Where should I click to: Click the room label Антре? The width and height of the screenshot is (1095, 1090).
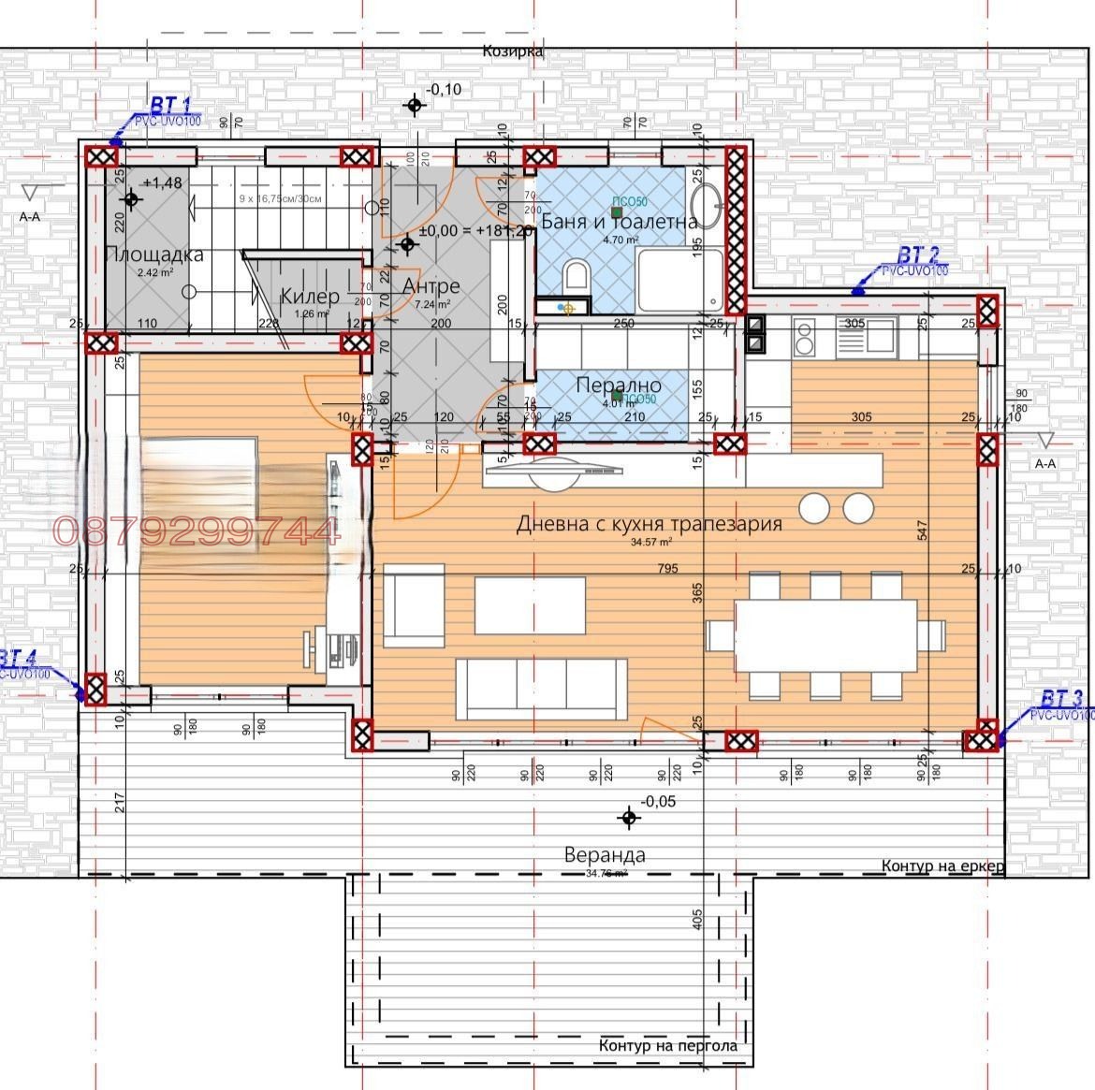click(431, 285)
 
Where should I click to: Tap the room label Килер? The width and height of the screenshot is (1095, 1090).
click(309, 297)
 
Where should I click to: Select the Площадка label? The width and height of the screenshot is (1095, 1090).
click(154, 254)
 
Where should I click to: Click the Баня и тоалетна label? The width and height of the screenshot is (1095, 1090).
click(620, 222)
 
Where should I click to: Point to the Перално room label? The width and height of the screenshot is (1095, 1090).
click(618, 385)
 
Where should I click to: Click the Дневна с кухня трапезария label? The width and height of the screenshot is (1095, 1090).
click(649, 524)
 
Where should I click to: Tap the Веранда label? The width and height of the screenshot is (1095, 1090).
click(605, 854)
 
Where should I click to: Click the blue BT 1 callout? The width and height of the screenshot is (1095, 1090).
click(170, 105)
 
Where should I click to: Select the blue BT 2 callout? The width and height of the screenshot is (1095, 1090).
click(917, 254)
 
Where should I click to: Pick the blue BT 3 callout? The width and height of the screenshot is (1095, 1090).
click(1061, 698)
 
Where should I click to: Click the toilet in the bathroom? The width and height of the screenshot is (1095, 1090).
click(577, 277)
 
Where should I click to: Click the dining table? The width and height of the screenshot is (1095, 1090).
click(825, 636)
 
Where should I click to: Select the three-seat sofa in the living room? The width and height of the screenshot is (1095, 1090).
click(542, 688)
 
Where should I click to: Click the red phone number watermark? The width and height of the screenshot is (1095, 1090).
click(197, 531)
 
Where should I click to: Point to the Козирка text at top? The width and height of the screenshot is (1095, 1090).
click(513, 51)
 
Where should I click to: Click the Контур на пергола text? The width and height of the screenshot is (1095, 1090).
click(667, 1045)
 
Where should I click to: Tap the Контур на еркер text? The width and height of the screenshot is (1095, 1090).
click(942, 865)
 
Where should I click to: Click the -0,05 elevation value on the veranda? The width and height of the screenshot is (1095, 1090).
click(658, 802)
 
